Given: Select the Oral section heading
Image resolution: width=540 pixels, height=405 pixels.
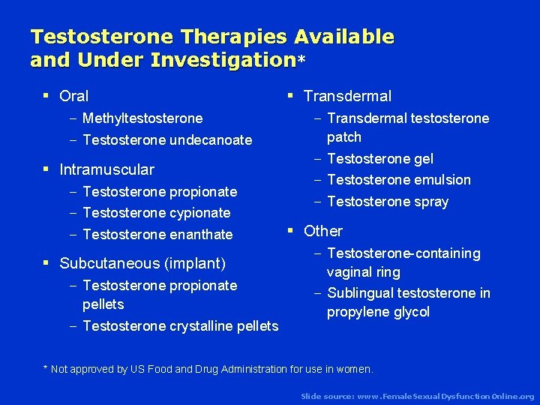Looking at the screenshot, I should pos(73,96).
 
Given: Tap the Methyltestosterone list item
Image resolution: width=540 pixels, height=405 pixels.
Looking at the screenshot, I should pos(142,118).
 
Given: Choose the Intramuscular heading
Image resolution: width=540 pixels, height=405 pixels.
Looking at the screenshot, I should pos(106,169).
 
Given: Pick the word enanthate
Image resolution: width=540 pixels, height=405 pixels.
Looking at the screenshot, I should pos(201,235).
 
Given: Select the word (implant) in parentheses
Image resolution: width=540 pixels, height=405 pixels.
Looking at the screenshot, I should pos(199,263).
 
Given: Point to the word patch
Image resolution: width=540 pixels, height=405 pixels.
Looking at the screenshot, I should pos(344,137).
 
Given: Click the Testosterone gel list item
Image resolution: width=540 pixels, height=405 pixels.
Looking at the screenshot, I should pos(380,159).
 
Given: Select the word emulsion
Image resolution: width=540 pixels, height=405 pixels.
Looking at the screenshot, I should pos(442,180).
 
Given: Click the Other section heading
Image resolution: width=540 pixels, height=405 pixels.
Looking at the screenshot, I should pos(323,231).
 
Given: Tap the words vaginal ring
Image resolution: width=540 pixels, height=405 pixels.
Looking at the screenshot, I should pos(364,272).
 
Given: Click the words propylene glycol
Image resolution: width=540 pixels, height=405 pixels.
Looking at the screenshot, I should pos(378,312).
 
